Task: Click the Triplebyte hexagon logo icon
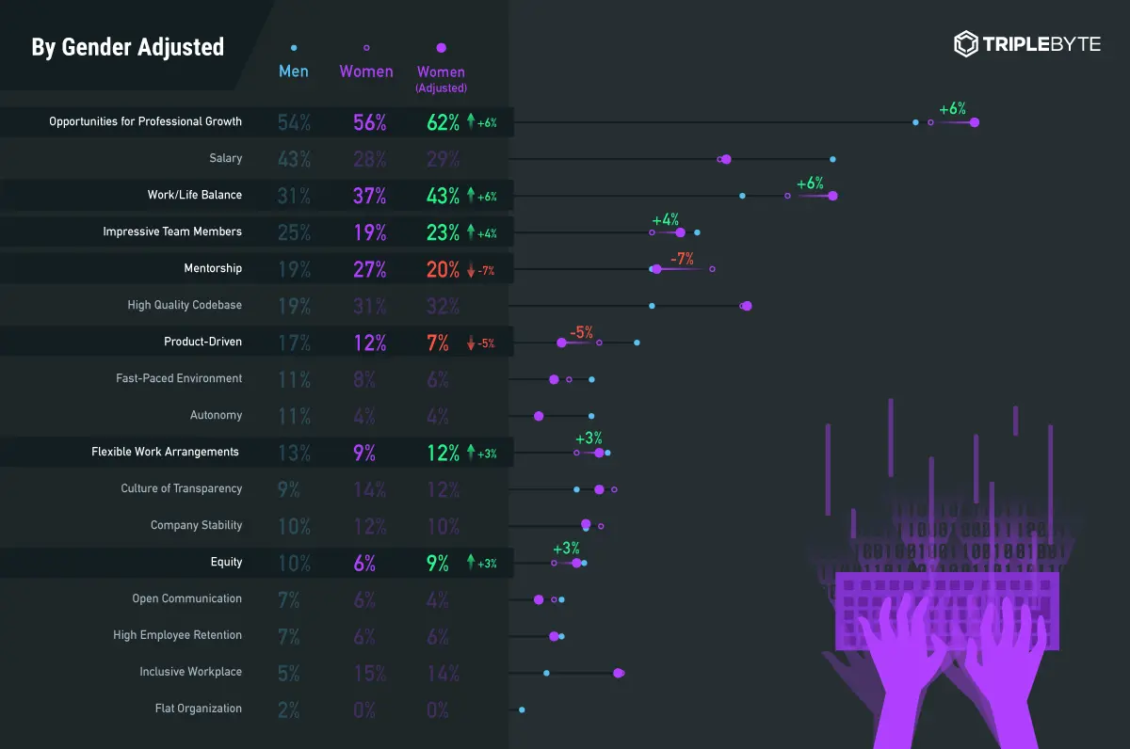(966, 44)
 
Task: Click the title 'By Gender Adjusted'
(128, 47)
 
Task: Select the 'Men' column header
(294, 72)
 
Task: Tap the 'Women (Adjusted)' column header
(441, 78)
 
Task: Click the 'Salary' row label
(226, 158)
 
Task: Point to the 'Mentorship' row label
(213, 268)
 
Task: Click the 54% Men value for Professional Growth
(294, 121)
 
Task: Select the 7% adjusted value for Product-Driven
(438, 343)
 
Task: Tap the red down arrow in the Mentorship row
(471, 271)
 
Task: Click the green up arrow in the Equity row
(471, 563)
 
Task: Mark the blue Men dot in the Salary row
(832, 159)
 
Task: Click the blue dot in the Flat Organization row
(522, 709)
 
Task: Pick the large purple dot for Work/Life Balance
(832, 196)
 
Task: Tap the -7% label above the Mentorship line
(682, 258)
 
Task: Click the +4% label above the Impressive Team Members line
(666, 219)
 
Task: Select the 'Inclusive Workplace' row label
(191, 672)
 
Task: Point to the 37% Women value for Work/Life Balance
(369, 196)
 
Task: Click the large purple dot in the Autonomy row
(539, 416)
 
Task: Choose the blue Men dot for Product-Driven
(638, 343)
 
